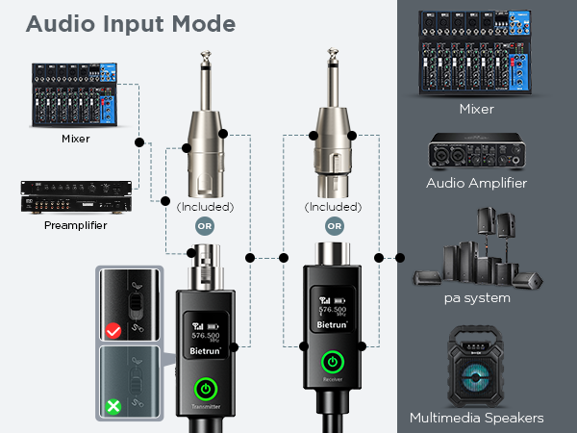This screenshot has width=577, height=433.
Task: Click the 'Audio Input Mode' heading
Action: click(x=130, y=22)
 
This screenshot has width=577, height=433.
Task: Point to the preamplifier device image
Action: click(x=62, y=199)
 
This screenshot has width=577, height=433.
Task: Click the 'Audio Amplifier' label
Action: click(x=477, y=183)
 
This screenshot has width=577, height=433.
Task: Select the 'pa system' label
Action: click(x=477, y=298)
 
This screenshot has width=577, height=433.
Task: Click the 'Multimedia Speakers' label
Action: click(x=477, y=418)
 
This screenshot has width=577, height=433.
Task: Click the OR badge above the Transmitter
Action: click(x=205, y=227)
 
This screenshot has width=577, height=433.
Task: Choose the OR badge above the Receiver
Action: click(x=334, y=227)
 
